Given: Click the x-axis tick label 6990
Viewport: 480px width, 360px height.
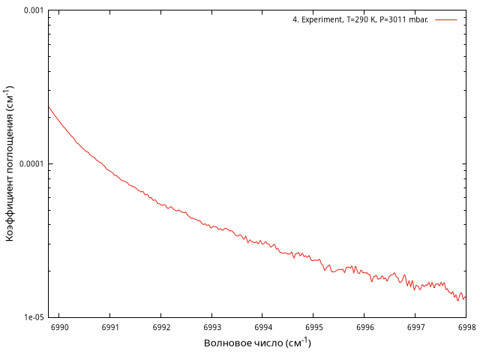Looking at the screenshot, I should point(59,328).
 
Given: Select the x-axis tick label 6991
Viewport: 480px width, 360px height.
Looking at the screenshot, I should point(110,328).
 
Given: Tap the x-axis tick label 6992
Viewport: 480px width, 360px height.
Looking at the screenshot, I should point(161,328).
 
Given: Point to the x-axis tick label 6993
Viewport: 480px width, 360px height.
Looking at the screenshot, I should point(212,328).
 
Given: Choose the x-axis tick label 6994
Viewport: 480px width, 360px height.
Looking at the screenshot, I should point(263,328).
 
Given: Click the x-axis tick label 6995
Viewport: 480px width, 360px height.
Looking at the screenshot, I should point(313,328).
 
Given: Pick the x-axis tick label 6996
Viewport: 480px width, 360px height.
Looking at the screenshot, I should point(364,328).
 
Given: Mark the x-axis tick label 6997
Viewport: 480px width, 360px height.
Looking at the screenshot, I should point(415,328).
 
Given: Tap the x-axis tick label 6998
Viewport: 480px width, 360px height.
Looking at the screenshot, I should point(466,328).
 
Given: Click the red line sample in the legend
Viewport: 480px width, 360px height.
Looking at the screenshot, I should point(445,20).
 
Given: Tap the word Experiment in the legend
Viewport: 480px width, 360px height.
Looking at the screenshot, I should point(322,20).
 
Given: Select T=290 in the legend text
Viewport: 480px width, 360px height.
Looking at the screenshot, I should point(361,20).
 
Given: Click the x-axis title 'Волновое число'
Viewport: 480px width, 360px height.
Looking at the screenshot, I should point(248,343).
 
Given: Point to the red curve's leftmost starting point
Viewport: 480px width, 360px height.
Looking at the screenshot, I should point(49,106).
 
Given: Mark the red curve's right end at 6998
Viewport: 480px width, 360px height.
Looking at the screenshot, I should point(466,296).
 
